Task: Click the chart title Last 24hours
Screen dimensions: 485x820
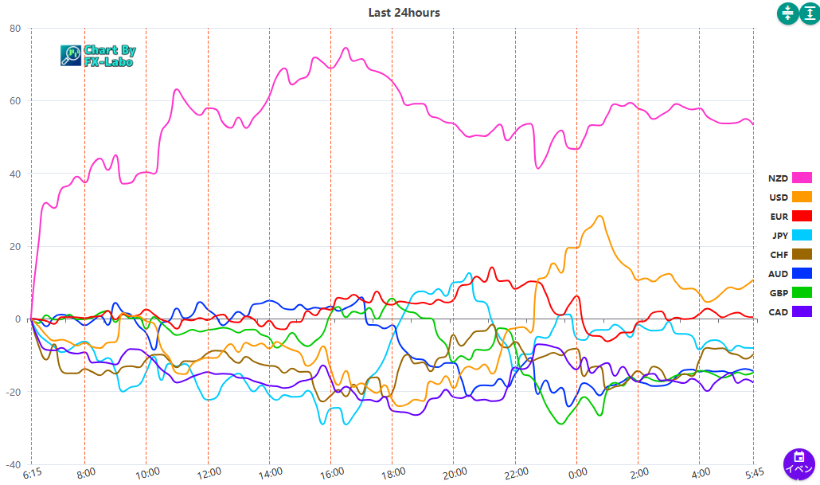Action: pos(404,12)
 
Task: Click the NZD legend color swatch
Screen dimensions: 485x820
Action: pos(802,178)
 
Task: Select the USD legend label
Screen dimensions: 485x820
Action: pos(779,197)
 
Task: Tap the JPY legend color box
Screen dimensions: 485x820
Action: pos(802,235)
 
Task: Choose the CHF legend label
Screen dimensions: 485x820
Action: pos(779,255)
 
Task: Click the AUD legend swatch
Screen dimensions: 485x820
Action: pos(802,274)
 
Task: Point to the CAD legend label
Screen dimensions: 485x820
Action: pos(779,312)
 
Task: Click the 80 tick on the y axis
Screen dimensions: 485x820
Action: pos(15,29)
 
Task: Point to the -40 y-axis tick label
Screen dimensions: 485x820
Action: pos(14,464)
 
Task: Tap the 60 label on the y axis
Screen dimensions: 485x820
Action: pos(15,101)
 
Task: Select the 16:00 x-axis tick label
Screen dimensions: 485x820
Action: pos(332,472)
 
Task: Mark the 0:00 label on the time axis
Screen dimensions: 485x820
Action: pos(577,472)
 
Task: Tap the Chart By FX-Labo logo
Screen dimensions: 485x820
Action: pos(98,55)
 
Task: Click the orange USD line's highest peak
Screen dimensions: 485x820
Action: pos(600,216)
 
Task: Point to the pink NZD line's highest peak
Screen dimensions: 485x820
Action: pos(346,48)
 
